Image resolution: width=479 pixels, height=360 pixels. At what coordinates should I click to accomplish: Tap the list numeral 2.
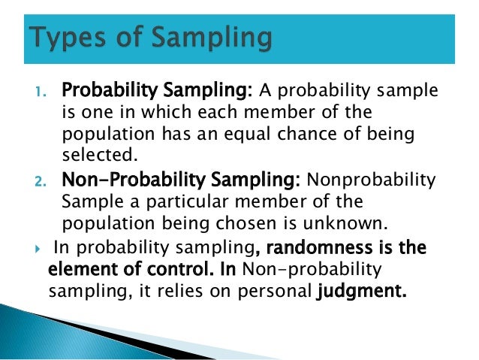(x=42, y=181)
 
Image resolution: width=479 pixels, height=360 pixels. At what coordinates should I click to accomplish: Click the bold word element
(x=78, y=270)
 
